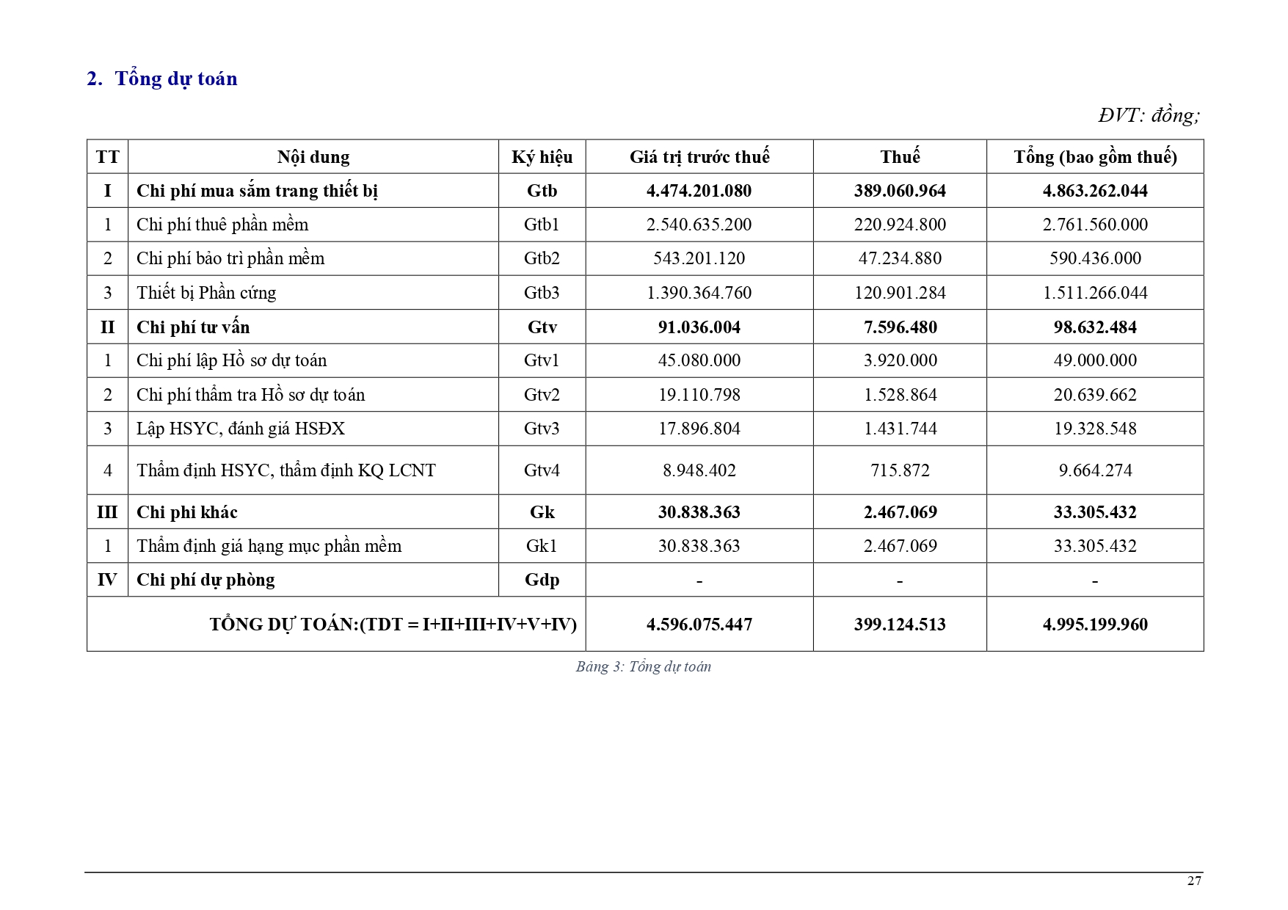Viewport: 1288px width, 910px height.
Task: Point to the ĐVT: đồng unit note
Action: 1149,115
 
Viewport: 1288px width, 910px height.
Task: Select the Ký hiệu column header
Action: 542,157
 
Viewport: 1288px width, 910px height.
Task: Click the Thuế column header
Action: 900,157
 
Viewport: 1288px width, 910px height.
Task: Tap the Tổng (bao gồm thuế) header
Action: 1095,157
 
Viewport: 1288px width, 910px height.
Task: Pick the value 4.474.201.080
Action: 699,191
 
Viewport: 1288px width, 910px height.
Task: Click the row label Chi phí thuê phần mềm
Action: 222,225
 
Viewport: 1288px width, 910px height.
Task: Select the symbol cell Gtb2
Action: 542,258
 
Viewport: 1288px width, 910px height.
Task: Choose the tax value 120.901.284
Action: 900,293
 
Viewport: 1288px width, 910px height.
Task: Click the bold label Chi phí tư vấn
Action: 193,327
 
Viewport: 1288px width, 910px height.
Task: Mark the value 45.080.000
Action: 699,360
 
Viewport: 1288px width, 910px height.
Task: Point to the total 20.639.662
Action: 1095,395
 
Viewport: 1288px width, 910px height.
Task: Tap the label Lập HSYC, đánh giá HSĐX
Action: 241,429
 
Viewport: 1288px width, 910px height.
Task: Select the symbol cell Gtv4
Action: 542,470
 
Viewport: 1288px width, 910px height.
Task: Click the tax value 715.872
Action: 900,470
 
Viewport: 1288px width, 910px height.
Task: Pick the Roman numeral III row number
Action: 107,512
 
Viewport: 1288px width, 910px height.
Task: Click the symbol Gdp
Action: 542,580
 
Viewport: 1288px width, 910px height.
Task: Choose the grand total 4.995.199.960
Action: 1095,625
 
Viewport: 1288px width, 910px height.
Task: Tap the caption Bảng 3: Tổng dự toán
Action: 644,666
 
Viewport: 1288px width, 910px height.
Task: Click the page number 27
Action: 1194,881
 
